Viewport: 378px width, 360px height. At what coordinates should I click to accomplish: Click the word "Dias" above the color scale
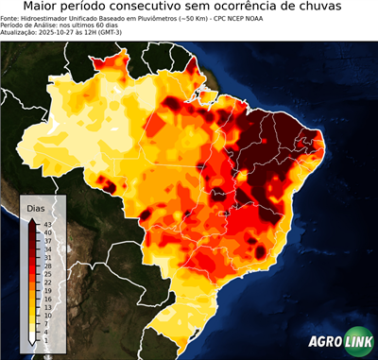point(36,207)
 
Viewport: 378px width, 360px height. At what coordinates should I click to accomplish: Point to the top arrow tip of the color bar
point(33,219)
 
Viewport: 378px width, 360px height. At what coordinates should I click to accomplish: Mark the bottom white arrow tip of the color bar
point(33,343)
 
